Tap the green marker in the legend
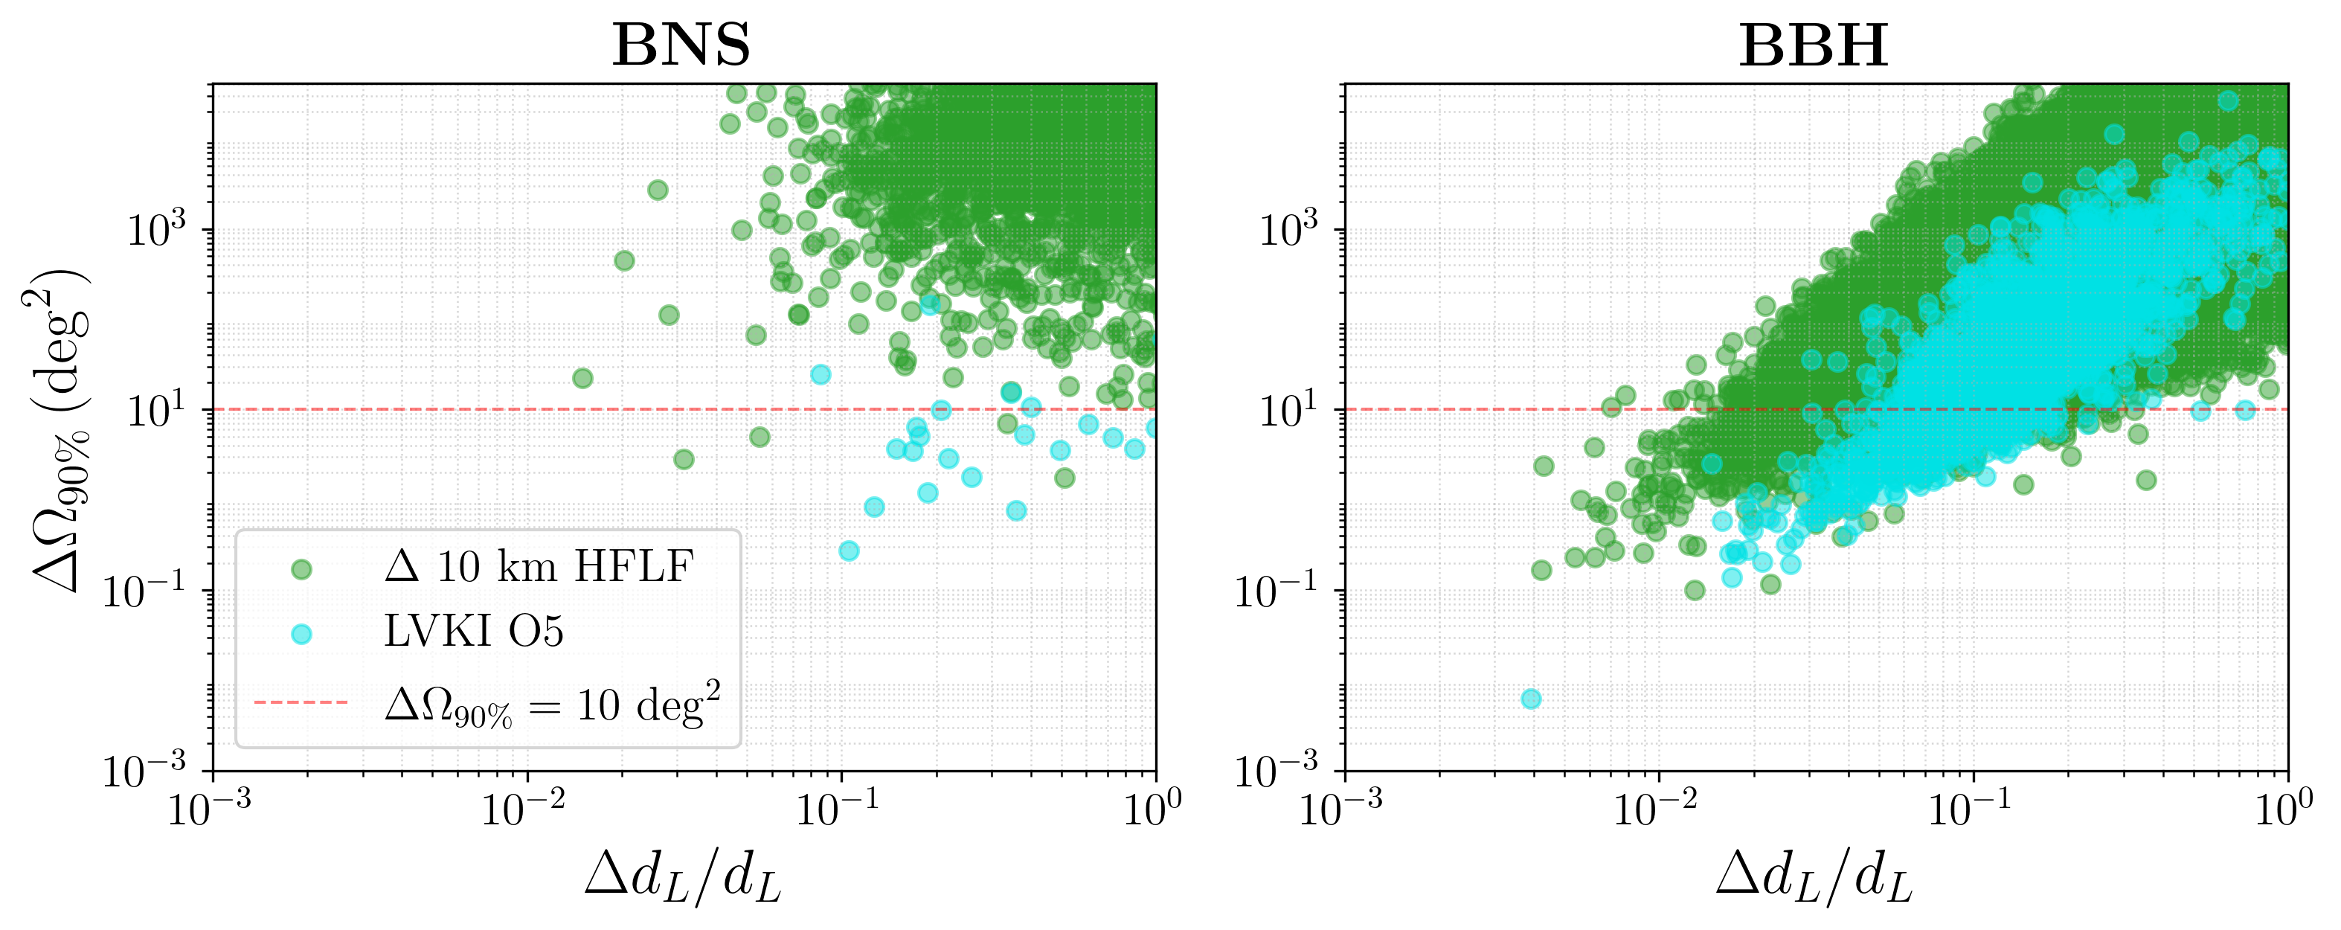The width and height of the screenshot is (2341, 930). coord(301,569)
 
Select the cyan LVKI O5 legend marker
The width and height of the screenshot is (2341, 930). coord(301,634)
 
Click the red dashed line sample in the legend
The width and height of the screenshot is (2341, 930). coord(301,702)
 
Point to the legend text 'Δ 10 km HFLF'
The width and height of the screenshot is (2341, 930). coord(538,567)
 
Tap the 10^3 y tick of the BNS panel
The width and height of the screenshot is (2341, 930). coord(155,230)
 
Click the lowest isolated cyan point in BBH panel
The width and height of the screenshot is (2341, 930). coord(1531,698)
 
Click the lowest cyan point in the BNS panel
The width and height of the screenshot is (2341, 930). coord(849,550)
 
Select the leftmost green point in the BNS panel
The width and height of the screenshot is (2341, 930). coord(582,378)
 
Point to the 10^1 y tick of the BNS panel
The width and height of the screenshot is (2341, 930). coord(155,411)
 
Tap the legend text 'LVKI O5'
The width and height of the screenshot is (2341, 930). coord(473,632)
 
